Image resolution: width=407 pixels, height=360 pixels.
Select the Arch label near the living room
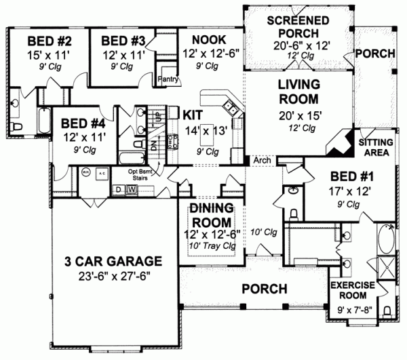click(262, 161)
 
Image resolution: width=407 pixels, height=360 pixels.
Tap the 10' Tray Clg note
click(210, 245)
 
